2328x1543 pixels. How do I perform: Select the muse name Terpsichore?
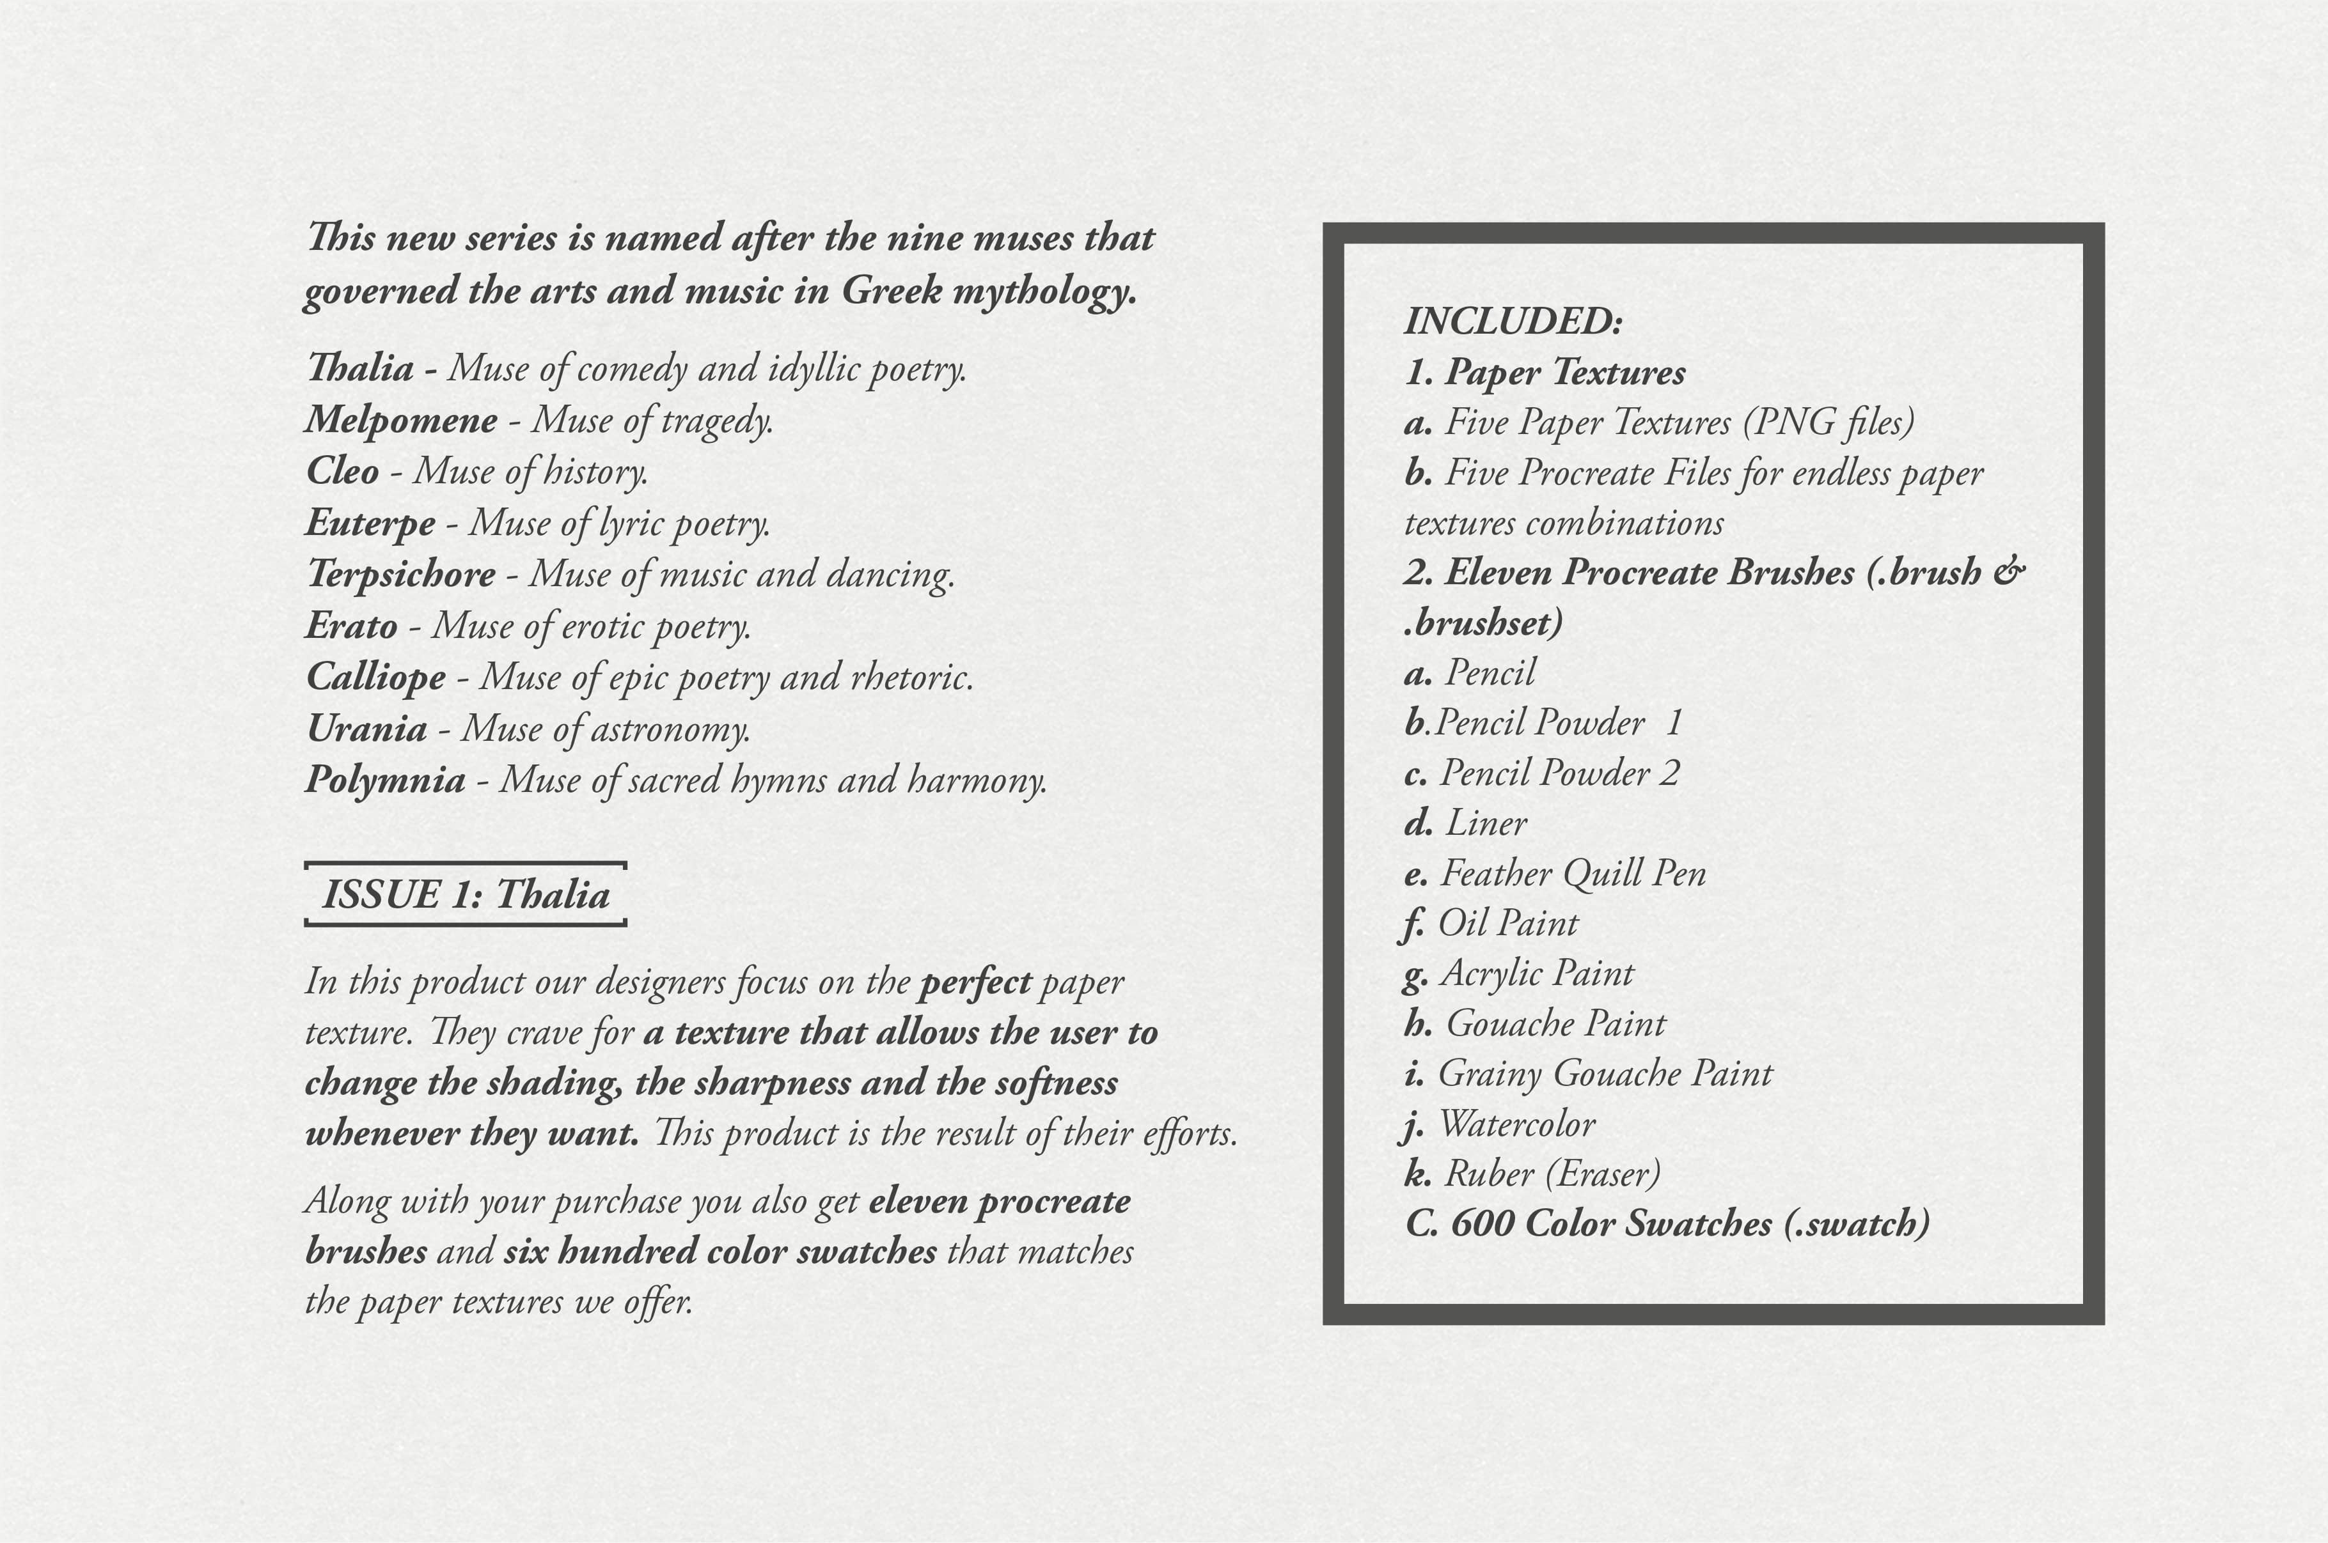tap(400, 574)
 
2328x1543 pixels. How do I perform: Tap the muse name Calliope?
tap(376, 677)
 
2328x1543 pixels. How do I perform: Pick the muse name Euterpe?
tap(370, 522)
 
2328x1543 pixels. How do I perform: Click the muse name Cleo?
tap(343, 471)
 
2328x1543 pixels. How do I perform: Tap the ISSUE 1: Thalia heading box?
tap(466, 894)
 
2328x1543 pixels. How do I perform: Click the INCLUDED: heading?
tap(1513, 321)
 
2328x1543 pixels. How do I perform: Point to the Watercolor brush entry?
tap(1516, 1124)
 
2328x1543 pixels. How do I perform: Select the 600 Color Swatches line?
tap(1667, 1224)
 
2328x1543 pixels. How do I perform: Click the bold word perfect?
tap(975, 982)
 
